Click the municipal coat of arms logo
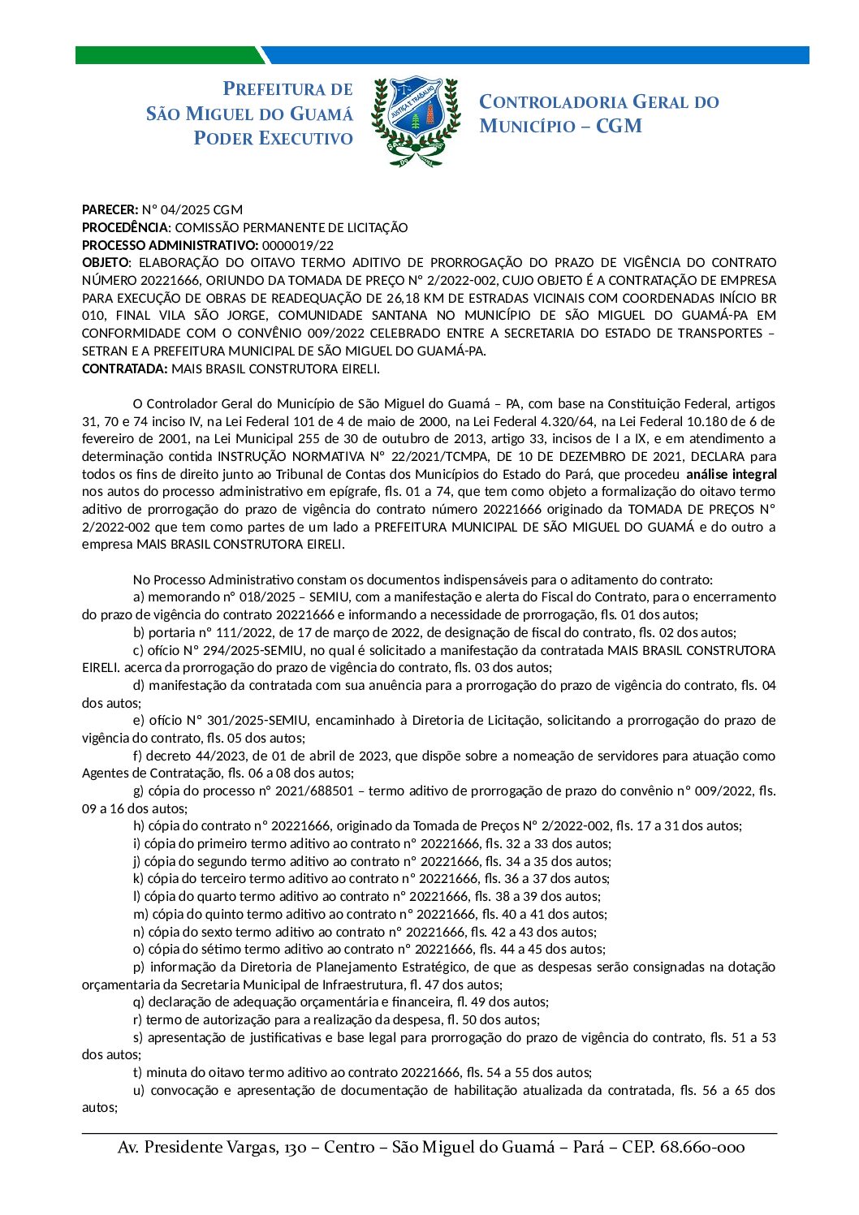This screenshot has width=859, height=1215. (x=415, y=121)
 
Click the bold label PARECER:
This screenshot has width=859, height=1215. (x=110, y=209)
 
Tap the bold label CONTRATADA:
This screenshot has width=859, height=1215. (x=125, y=368)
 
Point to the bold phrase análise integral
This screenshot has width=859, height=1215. (x=732, y=474)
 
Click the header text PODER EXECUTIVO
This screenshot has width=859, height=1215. (x=273, y=139)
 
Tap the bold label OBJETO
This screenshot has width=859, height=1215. (x=106, y=262)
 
